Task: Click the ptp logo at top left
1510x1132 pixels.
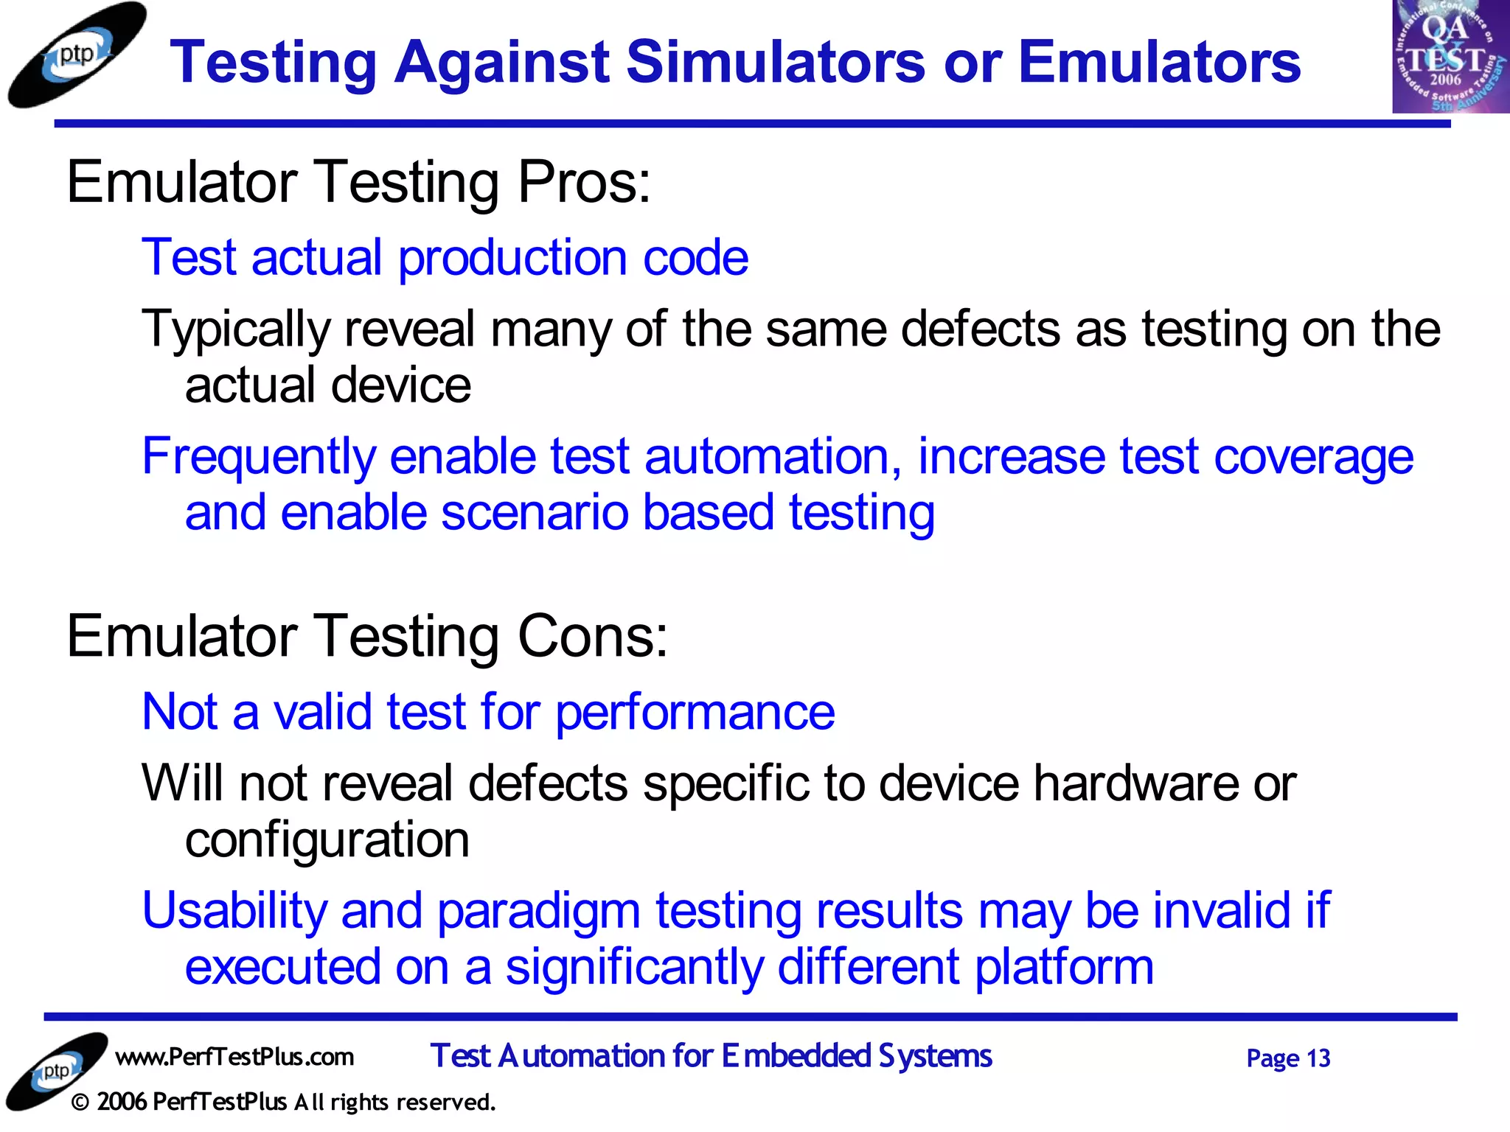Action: click(76, 55)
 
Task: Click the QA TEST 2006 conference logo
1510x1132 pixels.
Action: click(1449, 57)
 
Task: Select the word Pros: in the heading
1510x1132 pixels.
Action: click(584, 182)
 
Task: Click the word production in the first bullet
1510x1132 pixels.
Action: click(512, 258)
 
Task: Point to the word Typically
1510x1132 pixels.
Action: click(235, 329)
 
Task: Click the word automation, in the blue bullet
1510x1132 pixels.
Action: click(773, 456)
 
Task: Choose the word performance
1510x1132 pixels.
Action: click(695, 713)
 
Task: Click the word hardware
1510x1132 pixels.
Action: click(1135, 783)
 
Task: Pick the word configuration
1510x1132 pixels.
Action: click(327, 840)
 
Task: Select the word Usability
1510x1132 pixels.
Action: click(234, 911)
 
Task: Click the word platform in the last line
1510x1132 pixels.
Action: click(1064, 968)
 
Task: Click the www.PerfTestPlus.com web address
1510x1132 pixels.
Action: click(234, 1057)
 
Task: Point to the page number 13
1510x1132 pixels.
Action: click(1318, 1058)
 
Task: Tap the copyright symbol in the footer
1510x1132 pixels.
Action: click(81, 1103)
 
